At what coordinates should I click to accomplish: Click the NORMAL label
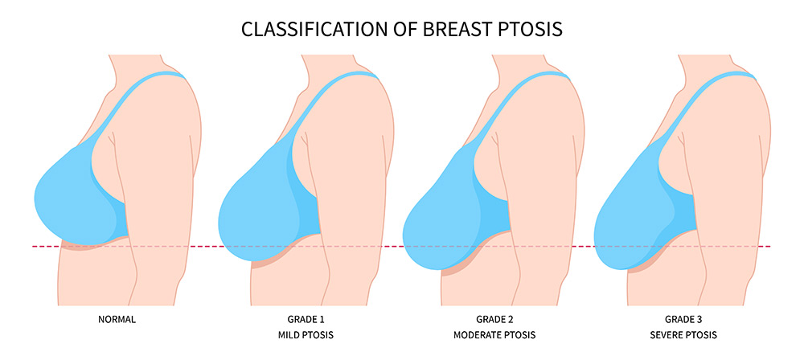(117, 320)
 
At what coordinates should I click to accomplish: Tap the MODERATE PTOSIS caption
(494, 335)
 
